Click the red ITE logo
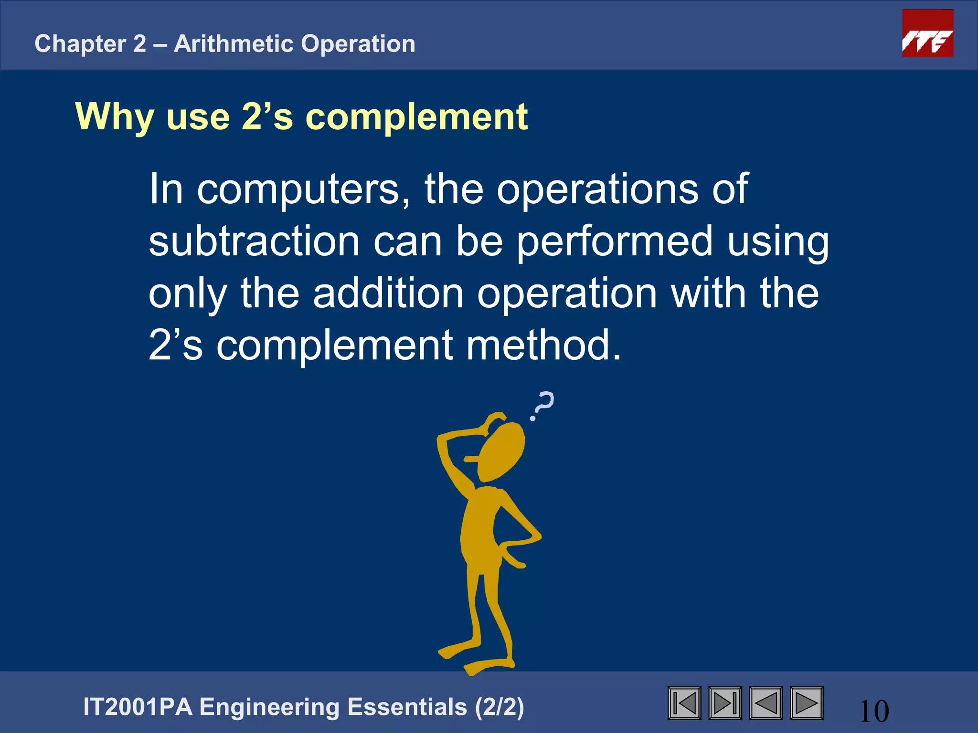[927, 33]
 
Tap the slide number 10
[874, 711]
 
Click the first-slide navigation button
[684, 703]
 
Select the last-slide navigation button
[725, 703]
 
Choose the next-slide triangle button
[807, 703]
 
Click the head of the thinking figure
[501, 451]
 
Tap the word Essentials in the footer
[407, 707]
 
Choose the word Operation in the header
[358, 44]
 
